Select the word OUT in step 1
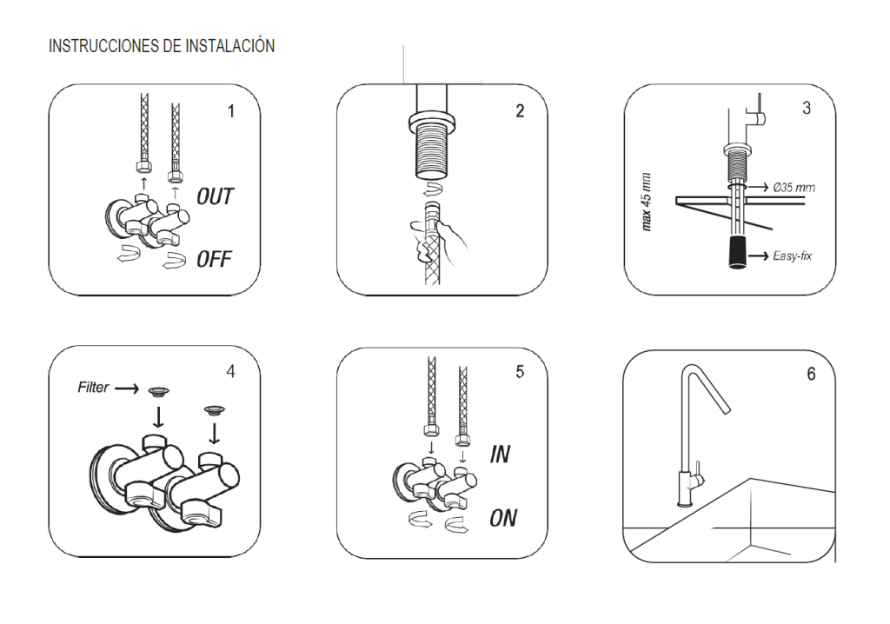pyautogui.click(x=214, y=196)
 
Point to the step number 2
pyautogui.click(x=520, y=112)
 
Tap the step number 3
pyautogui.click(x=807, y=110)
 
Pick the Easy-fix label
pyautogui.click(x=791, y=256)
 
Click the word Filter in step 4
pyautogui.click(x=92, y=388)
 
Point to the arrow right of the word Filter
pyautogui.click(x=126, y=388)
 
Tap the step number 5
pyautogui.click(x=520, y=372)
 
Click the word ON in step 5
pyautogui.click(x=502, y=519)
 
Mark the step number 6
pyautogui.click(x=810, y=374)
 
